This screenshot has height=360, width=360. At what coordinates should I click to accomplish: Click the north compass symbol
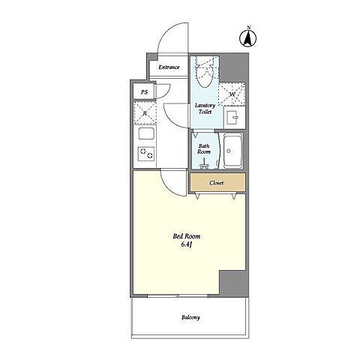pyautogui.click(x=248, y=37)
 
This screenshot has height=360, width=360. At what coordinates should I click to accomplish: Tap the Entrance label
pyautogui.click(x=169, y=67)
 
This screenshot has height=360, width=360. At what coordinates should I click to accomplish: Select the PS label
pyautogui.click(x=144, y=92)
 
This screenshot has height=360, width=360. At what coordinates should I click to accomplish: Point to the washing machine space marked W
pyautogui.click(x=232, y=94)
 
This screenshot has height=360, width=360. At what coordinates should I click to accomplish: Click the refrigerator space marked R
pyautogui.click(x=145, y=113)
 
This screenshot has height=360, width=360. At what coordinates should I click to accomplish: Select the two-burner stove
pyautogui.click(x=146, y=154)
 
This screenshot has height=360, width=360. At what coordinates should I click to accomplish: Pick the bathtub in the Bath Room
pyautogui.click(x=233, y=151)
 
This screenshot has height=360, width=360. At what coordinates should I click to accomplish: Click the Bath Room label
pyautogui.click(x=204, y=149)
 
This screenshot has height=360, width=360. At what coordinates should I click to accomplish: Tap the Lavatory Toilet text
pyautogui.click(x=205, y=109)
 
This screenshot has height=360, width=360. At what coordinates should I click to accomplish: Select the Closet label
pyautogui.click(x=217, y=183)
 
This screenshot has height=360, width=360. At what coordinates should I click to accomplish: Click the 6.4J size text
pyautogui.click(x=186, y=244)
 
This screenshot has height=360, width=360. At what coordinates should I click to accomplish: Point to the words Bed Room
pyautogui.click(x=187, y=236)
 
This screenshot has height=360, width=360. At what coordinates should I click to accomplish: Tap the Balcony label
pyautogui.click(x=190, y=317)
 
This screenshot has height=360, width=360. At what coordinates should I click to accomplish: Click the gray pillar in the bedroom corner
pyautogui.click(x=232, y=282)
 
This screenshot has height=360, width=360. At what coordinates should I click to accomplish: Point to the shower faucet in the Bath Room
pyautogui.click(x=205, y=163)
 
